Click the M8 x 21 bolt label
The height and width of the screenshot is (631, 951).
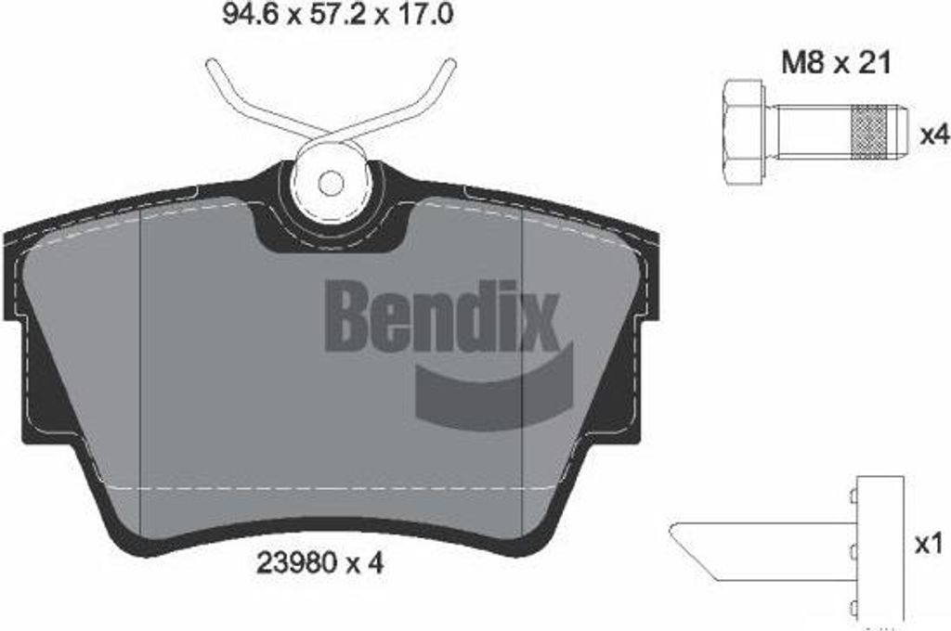coord(836,62)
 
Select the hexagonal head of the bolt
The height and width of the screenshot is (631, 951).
coord(743,131)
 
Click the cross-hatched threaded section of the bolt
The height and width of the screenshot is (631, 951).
coord(869,132)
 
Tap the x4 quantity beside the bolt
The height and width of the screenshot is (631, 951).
coord(934,135)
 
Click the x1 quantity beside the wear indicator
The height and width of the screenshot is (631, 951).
coord(929,545)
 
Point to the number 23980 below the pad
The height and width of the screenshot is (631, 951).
coord(297,563)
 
